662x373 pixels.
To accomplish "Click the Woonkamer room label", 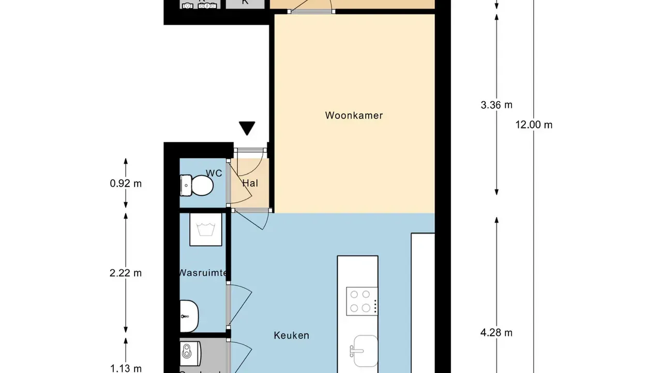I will click(x=354, y=116).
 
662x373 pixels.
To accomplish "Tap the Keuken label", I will click(x=291, y=336).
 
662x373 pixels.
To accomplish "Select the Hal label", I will click(x=250, y=183).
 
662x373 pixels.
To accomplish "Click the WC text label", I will click(x=214, y=173).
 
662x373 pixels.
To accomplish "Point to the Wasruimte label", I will click(x=203, y=273).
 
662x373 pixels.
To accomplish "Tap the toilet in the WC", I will click(x=197, y=185).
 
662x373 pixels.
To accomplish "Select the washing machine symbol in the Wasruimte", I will click(x=205, y=229).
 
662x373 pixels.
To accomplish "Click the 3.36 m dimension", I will click(x=496, y=105).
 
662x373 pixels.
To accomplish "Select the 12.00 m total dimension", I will click(x=534, y=125).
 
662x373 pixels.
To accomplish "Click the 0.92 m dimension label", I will click(x=126, y=183).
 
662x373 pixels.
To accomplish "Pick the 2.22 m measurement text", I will click(x=126, y=273).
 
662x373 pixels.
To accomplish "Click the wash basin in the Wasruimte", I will click(x=189, y=316).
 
